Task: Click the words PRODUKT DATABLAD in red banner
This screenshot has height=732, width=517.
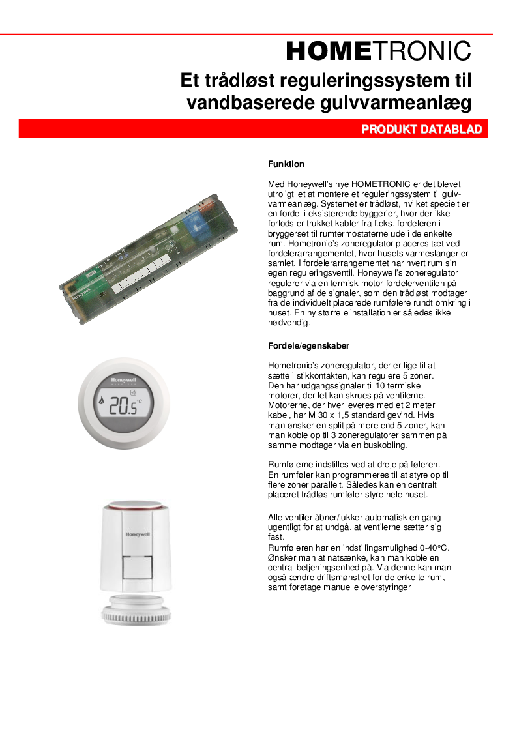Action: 422,130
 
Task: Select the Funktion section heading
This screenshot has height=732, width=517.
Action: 286,164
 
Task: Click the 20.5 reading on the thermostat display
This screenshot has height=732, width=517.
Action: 123,407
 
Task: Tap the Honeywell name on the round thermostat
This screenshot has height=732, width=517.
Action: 123,378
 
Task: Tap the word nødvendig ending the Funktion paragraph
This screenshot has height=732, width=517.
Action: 290,323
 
